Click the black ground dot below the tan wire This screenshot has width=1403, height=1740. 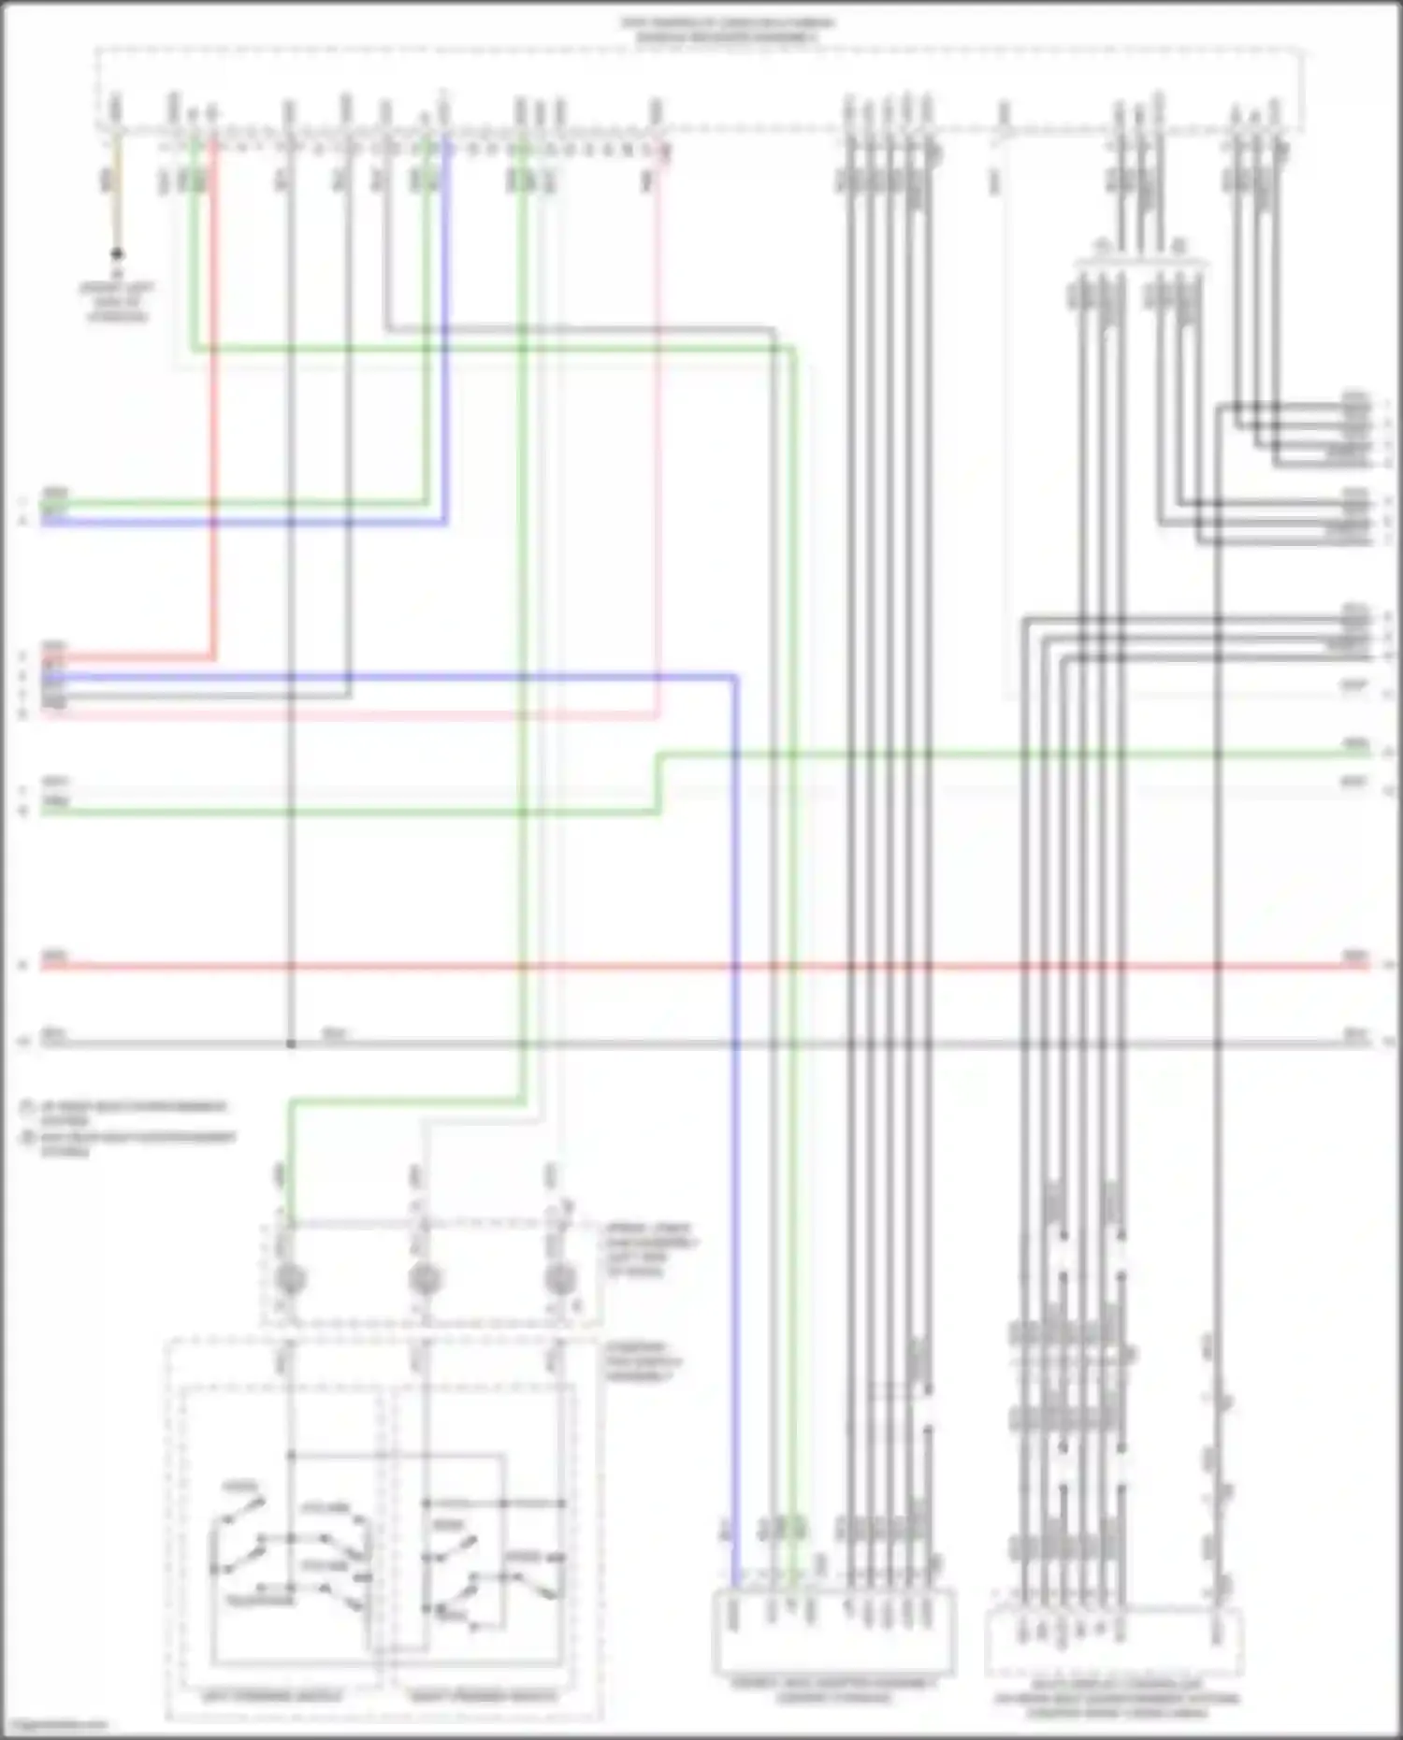[117, 253]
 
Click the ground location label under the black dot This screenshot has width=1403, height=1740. [117, 302]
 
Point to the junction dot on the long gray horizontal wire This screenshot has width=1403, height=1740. [291, 1043]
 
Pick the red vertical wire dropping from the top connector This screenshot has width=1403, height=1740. [214, 421]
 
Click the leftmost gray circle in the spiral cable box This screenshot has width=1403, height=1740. [291, 1278]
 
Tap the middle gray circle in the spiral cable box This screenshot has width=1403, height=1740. [425, 1278]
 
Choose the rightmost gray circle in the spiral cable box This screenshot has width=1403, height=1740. [559, 1278]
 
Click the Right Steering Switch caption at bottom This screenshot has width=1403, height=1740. [483, 1695]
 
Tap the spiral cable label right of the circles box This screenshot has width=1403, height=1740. [650, 1249]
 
